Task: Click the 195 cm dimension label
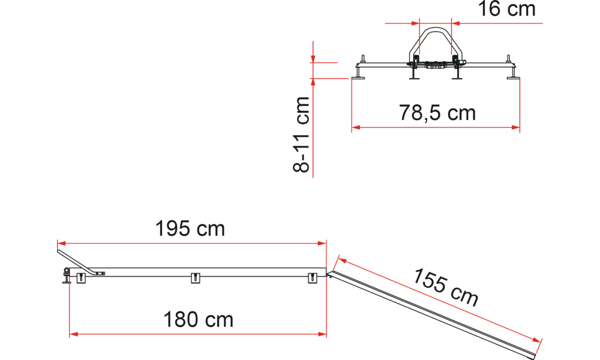coord(190,229)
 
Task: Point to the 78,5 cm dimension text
coord(437,112)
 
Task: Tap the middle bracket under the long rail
coord(194,277)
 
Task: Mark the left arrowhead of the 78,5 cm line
coord(355,127)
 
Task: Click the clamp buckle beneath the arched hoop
coord(433,67)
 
